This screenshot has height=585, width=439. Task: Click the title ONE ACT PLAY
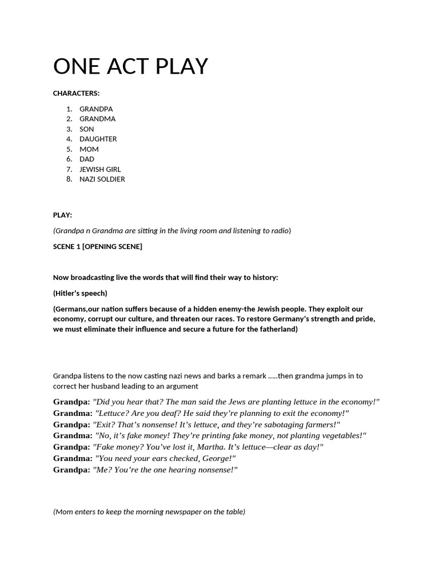tap(130, 67)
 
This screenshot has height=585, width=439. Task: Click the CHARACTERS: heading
tap(76, 93)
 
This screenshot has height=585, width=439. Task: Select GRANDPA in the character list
tap(96, 109)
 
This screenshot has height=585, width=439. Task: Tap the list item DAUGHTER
tap(98, 139)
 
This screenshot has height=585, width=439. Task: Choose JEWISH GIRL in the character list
tap(100, 169)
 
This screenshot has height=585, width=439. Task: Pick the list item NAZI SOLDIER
tap(102, 179)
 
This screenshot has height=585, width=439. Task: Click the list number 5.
tap(69, 149)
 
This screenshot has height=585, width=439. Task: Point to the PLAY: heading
tap(63, 215)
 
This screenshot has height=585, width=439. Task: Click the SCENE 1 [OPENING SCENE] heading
tap(98, 247)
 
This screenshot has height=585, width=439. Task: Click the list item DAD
tap(87, 159)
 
